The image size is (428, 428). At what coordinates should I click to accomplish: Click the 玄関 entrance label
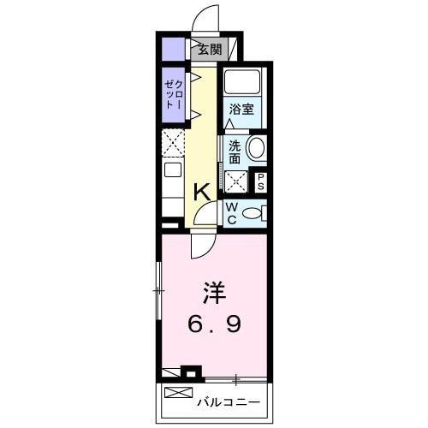(209, 50)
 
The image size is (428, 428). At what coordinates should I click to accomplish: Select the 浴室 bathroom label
(241, 110)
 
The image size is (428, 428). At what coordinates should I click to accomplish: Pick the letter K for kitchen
(202, 192)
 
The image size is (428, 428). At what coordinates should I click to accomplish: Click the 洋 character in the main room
(215, 294)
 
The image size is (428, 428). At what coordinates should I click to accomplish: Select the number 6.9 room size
(215, 324)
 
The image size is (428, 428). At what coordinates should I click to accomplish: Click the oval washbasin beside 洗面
(255, 149)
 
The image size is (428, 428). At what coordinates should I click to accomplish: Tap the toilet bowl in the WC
(253, 213)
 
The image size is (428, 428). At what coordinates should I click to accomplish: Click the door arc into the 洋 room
(201, 247)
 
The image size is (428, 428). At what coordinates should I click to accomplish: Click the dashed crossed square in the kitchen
(173, 141)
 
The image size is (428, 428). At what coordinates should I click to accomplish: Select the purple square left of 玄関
(173, 50)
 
